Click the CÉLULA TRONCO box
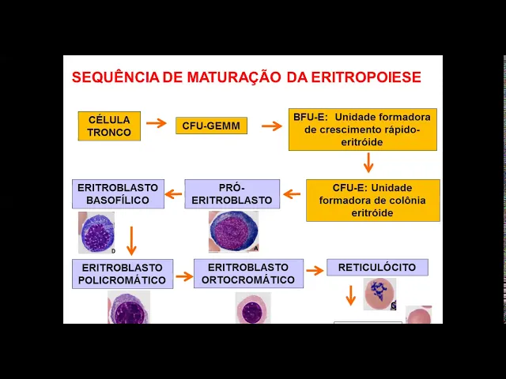(x=109, y=126)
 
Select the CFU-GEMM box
(x=211, y=126)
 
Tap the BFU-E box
(x=362, y=129)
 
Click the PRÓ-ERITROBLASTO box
(x=232, y=193)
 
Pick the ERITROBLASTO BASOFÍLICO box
(x=118, y=193)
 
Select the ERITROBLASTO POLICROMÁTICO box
(x=122, y=273)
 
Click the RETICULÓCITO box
(x=377, y=267)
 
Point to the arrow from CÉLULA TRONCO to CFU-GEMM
(x=157, y=123)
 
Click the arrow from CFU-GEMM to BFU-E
(x=272, y=126)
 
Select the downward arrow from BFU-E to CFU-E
(x=368, y=163)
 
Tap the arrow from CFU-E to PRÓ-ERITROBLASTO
(x=293, y=193)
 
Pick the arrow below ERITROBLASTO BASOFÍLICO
(x=132, y=239)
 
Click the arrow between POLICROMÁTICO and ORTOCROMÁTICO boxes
(x=183, y=276)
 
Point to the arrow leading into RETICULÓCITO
(x=315, y=270)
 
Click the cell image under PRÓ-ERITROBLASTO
(x=233, y=231)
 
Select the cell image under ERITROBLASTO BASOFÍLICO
(x=96, y=232)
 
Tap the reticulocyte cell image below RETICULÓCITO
(x=379, y=293)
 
